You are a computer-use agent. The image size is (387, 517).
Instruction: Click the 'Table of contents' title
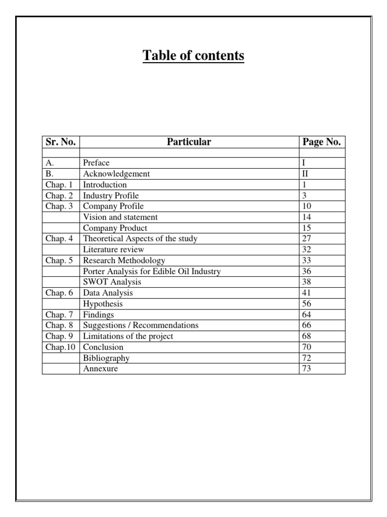pyautogui.click(x=193, y=56)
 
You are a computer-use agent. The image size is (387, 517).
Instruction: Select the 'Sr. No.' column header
pyautogui.click(x=60, y=142)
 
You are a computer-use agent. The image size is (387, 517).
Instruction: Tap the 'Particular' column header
pyautogui.click(x=189, y=142)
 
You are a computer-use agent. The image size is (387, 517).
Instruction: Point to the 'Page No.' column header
pyautogui.click(x=321, y=142)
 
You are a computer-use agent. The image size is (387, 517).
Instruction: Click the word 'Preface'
pyautogui.click(x=96, y=163)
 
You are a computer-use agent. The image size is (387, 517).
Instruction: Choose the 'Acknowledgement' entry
pyautogui.click(x=116, y=174)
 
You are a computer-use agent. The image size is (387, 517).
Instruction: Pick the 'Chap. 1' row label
pyautogui.click(x=59, y=185)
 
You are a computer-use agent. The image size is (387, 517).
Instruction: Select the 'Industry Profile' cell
pyautogui.click(x=111, y=195)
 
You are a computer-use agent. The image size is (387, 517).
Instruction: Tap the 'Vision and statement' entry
pyautogui.click(x=120, y=217)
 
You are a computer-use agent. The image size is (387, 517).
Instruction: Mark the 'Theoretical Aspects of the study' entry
pyautogui.click(x=140, y=239)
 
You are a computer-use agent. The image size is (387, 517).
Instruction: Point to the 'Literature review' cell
pyautogui.click(x=113, y=249)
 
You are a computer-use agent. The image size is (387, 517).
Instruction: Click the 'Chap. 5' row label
pyautogui.click(x=59, y=261)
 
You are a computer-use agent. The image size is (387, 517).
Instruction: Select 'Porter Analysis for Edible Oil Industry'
pyautogui.click(x=152, y=272)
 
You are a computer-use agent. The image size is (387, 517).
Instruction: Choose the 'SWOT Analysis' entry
pyautogui.click(x=112, y=282)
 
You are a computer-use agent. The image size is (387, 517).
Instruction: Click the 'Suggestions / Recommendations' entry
pyautogui.click(x=141, y=326)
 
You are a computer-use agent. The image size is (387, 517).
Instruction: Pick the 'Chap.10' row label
pyautogui.click(x=59, y=347)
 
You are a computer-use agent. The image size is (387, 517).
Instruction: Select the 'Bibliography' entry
pyautogui.click(x=106, y=358)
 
